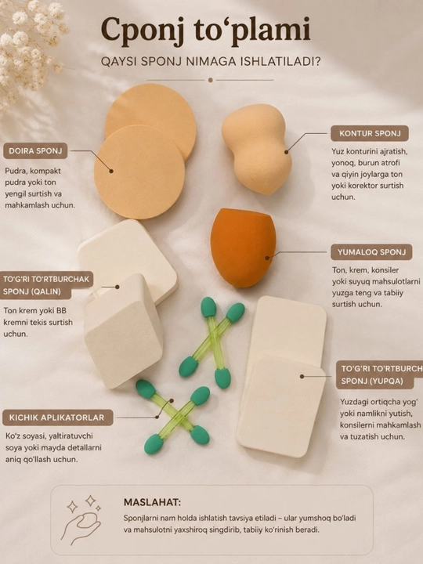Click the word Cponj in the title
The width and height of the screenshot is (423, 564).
click(143, 31)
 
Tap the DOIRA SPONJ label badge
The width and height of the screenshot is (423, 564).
click(35, 150)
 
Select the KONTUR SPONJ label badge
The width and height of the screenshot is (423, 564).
click(370, 133)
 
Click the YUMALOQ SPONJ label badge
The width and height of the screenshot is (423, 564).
click(371, 252)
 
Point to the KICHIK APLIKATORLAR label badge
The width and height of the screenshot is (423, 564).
click(56, 418)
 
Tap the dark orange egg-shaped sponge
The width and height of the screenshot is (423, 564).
click(243, 248)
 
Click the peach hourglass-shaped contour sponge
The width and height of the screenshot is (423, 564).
click(257, 149)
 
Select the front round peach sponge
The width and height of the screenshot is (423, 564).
click(139, 172)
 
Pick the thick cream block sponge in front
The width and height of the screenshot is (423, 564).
click(124, 331)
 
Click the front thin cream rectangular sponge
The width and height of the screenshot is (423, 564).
click(281, 407)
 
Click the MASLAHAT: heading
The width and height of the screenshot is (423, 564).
click(152, 502)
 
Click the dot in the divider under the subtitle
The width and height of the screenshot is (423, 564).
click(211, 80)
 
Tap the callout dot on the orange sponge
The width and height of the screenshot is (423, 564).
click(267, 258)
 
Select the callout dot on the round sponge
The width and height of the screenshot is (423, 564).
click(111, 171)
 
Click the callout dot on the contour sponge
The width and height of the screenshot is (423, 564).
click(287, 152)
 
